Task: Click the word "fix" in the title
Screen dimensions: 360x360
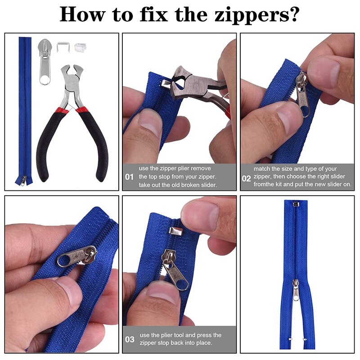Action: pyautogui.click(x=153, y=14)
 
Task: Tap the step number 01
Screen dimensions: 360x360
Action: pyautogui.click(x=129, y=177)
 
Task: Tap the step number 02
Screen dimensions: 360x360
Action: pyautogui.click(x=246, y=178)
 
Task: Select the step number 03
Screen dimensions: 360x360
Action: pyautogui.click(x=130, y=339)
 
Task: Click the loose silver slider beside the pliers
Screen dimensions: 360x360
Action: pyautogui.click(x=45, y=62)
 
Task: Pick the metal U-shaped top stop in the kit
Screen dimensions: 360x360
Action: pyautogui.click(x=63, y=47)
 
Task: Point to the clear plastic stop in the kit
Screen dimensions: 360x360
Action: pyautogui.click(x=80, y=47)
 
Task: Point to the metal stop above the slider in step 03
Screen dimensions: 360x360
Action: pyautogui.click(x=175, y=231)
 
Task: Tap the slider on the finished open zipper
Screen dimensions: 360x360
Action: pyautogui.click(x=296, y=290)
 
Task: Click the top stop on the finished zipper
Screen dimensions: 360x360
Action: pyautogui.click(x=296, y=204)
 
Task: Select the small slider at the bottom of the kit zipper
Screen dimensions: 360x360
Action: pyautogui.click(x=24, y=181)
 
